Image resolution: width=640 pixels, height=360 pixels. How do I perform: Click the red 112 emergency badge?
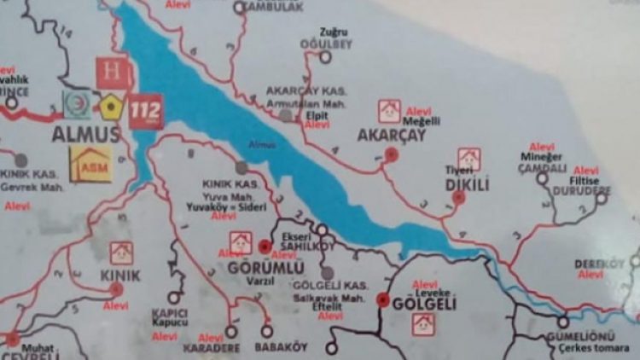[146, 111]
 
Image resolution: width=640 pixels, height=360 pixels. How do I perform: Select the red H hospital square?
[112, 73]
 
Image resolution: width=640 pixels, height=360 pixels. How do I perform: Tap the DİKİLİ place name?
[466, 183]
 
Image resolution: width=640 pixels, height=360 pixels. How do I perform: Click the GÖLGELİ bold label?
[423, 304]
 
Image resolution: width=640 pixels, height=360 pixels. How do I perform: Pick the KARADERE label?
[210, 348]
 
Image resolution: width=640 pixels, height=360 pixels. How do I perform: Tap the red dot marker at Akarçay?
[391, 154]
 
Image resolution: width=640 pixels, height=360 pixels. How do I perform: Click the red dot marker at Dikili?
[458, 197]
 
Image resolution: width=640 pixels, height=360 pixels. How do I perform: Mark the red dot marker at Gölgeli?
[382, 300]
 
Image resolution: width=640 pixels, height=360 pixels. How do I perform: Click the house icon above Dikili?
[468, 160]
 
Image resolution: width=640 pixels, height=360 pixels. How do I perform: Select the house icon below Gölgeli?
[423, 324]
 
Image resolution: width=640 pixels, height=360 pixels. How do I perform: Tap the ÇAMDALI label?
[543, 169]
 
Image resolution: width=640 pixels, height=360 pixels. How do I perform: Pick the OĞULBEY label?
[321, 43]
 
